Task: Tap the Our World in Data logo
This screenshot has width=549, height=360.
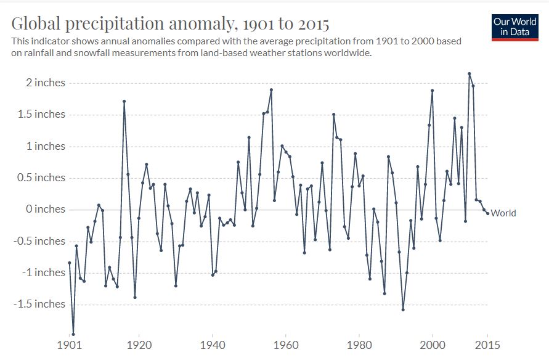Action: (514, 28)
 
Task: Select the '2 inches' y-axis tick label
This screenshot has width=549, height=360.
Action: (46, 83)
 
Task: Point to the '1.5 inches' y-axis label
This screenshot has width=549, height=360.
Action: (41, 114)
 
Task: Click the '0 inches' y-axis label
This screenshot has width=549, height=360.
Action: (46, 209)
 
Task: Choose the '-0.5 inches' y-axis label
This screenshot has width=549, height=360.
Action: (39, 241)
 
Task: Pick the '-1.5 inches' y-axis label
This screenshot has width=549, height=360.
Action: (39, 304)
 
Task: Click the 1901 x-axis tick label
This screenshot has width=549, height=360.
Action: (70, 345)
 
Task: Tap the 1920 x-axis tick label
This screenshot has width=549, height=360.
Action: (139, 345)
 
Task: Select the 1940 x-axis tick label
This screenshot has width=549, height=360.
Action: (213, 345)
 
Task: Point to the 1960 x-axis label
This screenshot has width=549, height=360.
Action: (286, 345)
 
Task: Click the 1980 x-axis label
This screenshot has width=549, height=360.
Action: (359, 345)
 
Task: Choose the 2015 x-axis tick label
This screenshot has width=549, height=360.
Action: (488, 345)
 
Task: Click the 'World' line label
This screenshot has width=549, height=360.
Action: (503, 213)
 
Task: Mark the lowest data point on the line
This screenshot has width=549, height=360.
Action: (73, 335)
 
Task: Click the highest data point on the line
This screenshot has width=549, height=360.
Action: (469, 73)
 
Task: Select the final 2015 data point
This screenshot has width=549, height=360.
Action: (488, 214)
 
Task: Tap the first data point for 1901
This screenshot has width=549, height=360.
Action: (70, 263)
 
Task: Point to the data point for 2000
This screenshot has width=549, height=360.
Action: (433, 91)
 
